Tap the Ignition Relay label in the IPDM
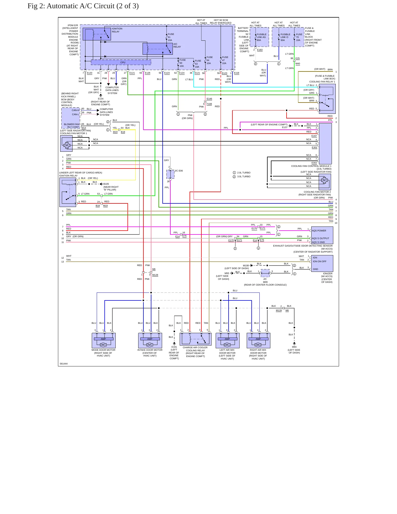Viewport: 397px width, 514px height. pyautogui.click(x=117, y=30)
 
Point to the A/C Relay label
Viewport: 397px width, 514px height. pyautogui.click(x=177, y=45)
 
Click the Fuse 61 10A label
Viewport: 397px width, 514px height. pyautogui.click(x=171, y=37)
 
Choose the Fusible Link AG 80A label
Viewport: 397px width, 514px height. pyautogui.click(x=261, y=37)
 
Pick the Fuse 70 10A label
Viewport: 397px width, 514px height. pyautogui.click(x=299, y=37)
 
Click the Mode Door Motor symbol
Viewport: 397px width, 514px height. pyautogui.click(x=104, y=341)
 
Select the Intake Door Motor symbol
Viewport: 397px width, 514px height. pyautogui.click(x=150, y=341)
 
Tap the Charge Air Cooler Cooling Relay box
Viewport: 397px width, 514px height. pyautogui.click(x=196, y=339)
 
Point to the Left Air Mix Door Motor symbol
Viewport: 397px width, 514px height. pyautogui.click(x=227, y=341)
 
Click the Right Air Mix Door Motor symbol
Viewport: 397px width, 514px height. pyautogui.click(x=259, y=341)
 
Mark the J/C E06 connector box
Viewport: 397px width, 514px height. pyautogui.click(x=170, y=174)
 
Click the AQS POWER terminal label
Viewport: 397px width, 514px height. pyautogui.click(x=319, y=231)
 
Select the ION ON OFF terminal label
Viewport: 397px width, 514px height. pyautogui.click(x=320, y=261)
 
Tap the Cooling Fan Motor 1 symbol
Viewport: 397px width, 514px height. pyautogui.click(x=66, y=143)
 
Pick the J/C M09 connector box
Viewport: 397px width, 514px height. pyautogui.click(x=265, y=273)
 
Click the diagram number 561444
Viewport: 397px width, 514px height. pyautogui.click(x=63, y=364)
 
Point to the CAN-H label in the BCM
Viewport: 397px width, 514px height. pyautogui.click(x=75, y=110)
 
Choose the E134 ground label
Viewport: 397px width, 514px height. pyautogui.click(x=101, y=99)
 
